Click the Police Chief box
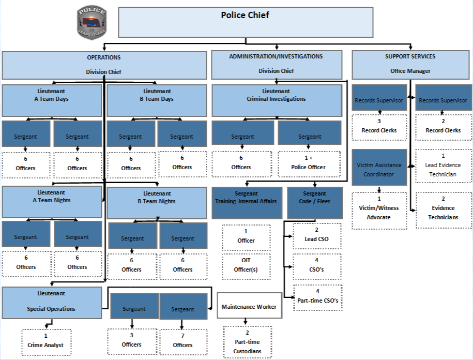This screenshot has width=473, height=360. (x=246, y=22)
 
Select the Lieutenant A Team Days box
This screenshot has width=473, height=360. (x=52, y=100)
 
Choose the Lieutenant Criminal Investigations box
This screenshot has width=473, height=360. (x=277, y=100)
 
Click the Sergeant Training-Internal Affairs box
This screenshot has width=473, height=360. (x=246, y=202)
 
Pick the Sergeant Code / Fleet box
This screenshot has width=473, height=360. (x=315, y=202)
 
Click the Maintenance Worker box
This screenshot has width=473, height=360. (x=249, y=306)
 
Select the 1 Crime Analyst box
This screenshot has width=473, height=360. (x=46, y=341)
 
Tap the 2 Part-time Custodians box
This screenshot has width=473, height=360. (x=247, y=342)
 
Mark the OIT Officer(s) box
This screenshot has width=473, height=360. (x=246, y=265)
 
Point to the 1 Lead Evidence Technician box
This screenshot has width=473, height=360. (x=443, y=166)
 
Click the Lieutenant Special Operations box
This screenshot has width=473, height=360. (x=52, y=303)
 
